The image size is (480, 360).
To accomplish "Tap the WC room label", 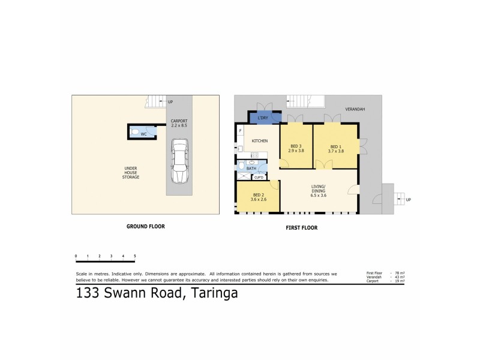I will pyautogui.click(x=144, y=134).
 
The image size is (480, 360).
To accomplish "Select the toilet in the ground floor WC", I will pyautogui.click(x=136, y=131).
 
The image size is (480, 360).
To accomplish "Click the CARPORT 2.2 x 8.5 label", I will pyautogui.click(x=179, y=124).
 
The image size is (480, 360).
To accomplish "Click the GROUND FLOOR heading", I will pyautogui.click(x=145, y=226).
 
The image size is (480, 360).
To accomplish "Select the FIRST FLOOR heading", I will pyautogui.click(x=302, y=227).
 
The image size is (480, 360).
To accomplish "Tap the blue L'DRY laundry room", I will pyautogui.click(x=262, y=118).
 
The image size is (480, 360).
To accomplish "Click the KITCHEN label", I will pyautogui.click(x=259, y=140).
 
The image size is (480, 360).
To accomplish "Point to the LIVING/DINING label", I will pyautogui.click(x=318, y=191).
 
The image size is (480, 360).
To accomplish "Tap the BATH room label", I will pyautogui.click(x=251, y=169).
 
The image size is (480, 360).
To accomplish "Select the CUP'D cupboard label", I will pyautogui.click(x=259, y=177).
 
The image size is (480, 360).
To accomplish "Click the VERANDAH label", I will pyautogui.click(x=355, y=109).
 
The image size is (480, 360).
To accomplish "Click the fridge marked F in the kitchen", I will pyautogui.click(x=241, y=130).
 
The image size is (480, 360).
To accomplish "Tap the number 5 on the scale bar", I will pyautogui.click(x=135, y=256).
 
